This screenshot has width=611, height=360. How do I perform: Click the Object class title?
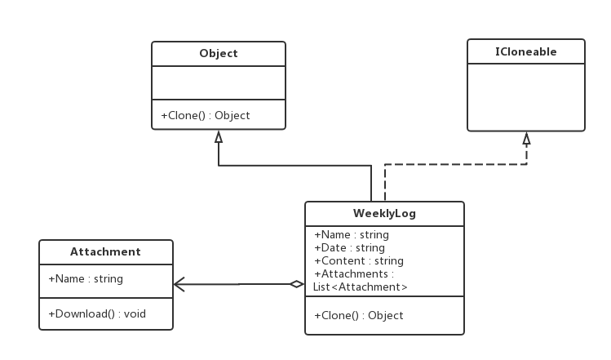[219, 53]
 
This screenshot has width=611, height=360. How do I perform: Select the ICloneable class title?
[525, 51]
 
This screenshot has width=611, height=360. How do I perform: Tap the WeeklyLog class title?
[384, 213]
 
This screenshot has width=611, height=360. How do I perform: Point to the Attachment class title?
[105, 251]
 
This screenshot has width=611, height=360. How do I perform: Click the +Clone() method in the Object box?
[206, 115]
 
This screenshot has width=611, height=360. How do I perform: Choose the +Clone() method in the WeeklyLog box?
[358, 315]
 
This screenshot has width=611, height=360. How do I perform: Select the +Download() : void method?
[97, 313]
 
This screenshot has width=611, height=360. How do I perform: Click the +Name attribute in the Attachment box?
[86, 279]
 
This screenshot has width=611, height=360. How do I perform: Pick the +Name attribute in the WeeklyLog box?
[352, 235]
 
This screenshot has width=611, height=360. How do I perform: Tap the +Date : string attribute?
[349, 247]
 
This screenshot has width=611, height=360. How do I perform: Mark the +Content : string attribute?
[359, 260]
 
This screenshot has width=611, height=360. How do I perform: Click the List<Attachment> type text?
[360, 287]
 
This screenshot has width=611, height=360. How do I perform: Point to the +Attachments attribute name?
[351, 273]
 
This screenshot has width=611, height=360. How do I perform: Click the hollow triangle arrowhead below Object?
[219, 137]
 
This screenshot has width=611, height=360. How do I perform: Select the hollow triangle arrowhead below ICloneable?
[526, 139]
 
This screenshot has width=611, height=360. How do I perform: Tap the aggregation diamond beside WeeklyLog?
[297, 284]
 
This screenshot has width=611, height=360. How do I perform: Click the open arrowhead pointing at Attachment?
[179, 284]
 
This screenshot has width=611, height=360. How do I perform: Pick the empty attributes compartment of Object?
[219, 82]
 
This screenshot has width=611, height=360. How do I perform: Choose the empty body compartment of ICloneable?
[526, 97]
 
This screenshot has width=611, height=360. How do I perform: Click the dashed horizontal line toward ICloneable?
[455, 164]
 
